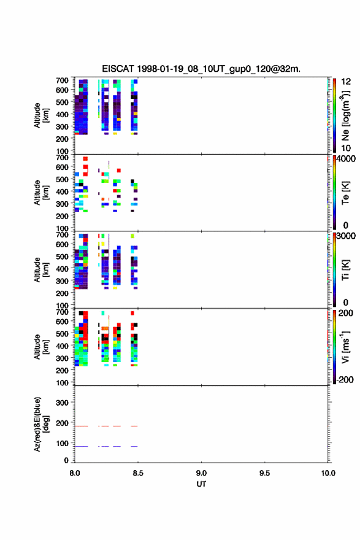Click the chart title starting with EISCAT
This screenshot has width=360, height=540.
point(201,69)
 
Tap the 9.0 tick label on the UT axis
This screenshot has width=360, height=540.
point(201,473)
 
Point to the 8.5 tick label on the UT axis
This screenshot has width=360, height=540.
point(137,473)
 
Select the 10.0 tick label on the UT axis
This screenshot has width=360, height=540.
point(328,473)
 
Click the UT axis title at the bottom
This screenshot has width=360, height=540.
point(201,484)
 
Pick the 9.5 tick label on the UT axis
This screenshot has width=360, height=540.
point(265,473)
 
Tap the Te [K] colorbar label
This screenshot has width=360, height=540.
point(345,193)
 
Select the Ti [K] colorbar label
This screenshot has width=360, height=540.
point(345,269)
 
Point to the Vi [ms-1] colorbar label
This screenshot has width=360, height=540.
point(345,347)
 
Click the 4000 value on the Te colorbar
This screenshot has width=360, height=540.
point(346,159)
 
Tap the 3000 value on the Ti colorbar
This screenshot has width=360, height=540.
point(346,236)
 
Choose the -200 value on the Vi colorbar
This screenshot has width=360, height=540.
point(345,379)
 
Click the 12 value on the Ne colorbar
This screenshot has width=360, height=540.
point(346,82)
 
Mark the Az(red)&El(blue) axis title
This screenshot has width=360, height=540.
point(42,424)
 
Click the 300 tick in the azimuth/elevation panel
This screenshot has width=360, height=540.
point(63,403)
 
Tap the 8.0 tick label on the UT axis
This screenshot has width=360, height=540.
point(75,473)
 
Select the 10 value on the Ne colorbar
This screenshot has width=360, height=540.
point(346,148)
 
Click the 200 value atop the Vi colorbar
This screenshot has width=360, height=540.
point(345,313)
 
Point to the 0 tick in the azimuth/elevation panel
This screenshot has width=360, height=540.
point(66,460)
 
